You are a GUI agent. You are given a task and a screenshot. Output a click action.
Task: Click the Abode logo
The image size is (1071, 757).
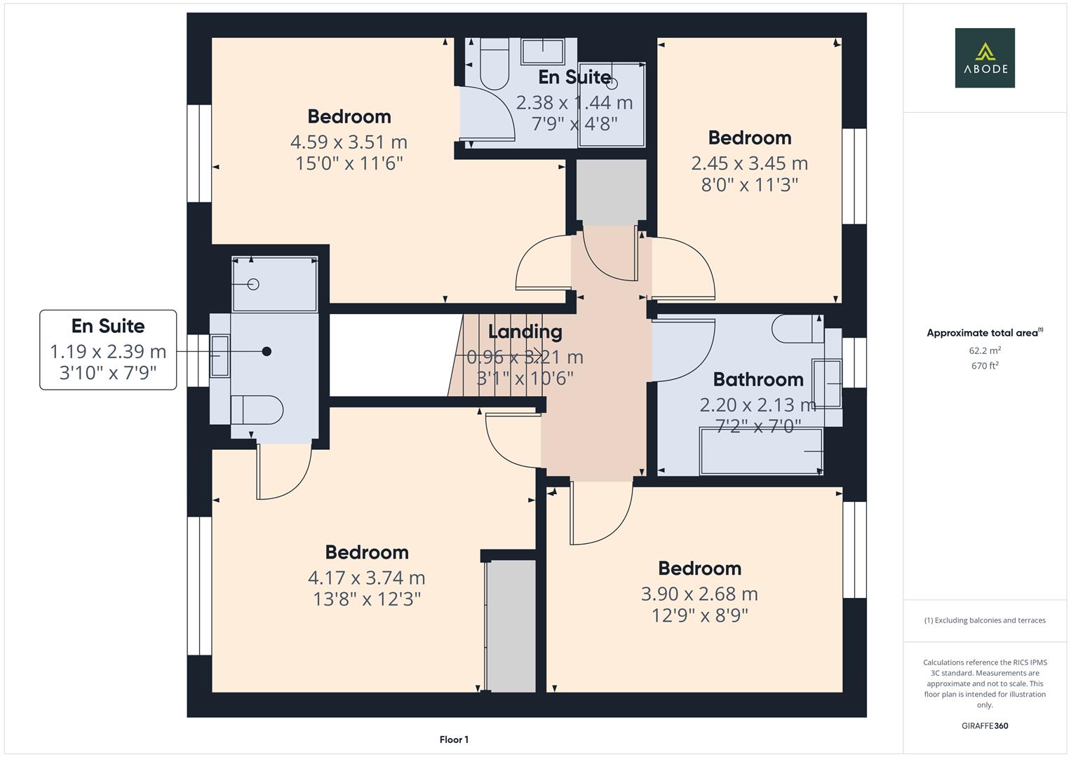(984, 57)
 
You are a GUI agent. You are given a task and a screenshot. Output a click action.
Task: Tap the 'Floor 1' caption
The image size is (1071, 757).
(454, 739)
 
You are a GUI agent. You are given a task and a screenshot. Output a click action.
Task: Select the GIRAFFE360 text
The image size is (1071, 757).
(985, 725)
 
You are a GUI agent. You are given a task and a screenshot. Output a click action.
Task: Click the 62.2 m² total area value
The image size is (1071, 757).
(985, 350)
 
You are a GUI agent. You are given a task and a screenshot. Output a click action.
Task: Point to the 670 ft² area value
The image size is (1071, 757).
(985, 365)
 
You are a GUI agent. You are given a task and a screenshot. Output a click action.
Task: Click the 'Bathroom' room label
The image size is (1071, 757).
(757, 379)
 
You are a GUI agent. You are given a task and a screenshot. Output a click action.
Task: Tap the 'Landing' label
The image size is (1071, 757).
(525, 332)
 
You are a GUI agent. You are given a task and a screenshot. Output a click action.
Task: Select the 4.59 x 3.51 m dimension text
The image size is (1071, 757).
(349, 142)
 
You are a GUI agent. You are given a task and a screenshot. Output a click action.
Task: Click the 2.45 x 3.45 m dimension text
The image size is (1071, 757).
(749, 163)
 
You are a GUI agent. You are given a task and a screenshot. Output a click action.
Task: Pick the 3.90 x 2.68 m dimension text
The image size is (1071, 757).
(699, 594)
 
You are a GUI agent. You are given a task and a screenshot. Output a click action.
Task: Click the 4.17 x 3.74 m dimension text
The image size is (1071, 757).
(366, 578)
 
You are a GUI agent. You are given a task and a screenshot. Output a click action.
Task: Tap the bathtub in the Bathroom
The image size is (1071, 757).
(761, 451)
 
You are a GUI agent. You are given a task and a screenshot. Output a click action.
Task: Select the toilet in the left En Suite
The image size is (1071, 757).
(257, 410)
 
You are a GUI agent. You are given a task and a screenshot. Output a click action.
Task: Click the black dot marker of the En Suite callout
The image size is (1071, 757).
(267, 351)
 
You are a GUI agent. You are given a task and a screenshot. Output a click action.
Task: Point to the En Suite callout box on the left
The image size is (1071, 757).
(108, 349)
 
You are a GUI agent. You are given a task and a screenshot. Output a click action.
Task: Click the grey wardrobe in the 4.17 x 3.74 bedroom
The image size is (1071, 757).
(511, 625)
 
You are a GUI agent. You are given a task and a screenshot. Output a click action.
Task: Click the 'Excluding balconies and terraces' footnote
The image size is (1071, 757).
(985, 620)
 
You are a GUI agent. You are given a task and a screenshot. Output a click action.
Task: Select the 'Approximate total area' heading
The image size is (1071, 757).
(983, 333)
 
